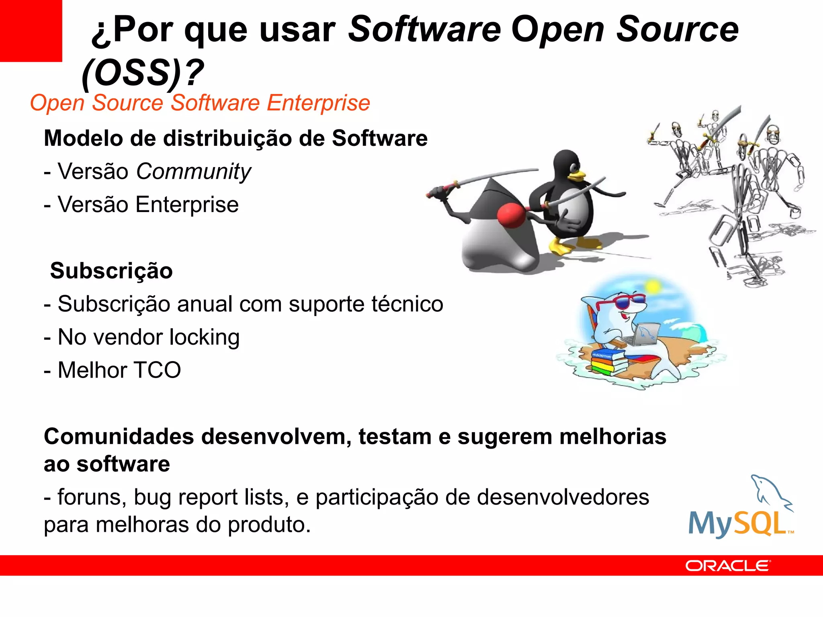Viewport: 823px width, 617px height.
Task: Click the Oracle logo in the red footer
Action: (727, 566)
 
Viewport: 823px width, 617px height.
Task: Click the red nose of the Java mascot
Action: (512, 215)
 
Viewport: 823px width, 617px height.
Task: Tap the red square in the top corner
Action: (31, 31)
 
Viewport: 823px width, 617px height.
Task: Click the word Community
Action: (193, 172)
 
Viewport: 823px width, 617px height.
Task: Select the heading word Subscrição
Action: (111, 271)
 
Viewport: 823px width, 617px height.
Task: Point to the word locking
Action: (204, 337)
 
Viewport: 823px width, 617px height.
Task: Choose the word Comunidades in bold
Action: (119, 437)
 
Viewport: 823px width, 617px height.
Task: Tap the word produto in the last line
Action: (269, 525)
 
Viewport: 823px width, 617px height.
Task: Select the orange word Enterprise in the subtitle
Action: (318, 103)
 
